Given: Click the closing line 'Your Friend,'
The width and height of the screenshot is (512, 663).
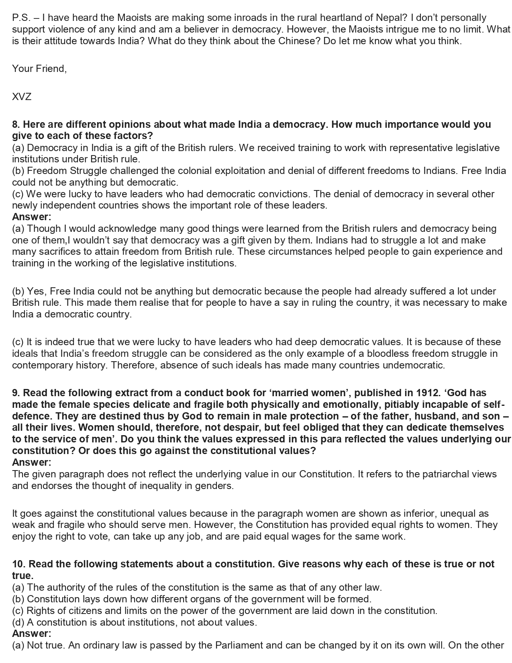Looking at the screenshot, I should [x=39, y=69].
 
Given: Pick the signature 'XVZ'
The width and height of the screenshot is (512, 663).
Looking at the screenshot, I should [x=22, y=97].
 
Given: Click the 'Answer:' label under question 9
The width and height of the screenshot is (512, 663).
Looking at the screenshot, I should [x=32, y=462].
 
